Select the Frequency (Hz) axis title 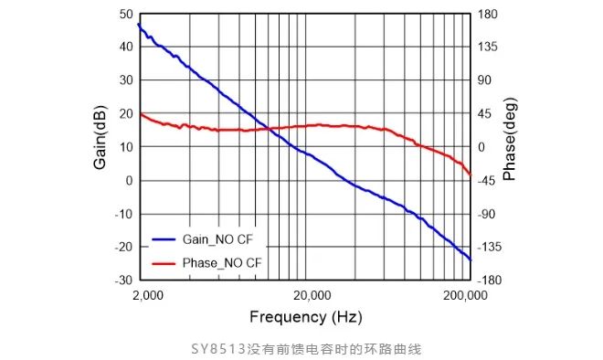point(305,316)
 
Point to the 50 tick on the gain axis point(125,15)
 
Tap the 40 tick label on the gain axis point(125,48)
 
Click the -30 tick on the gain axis point(122,280)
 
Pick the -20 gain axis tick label point(122,247)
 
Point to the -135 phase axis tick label point(492,247)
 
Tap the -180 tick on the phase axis point(492,280)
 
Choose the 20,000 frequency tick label point(312,295)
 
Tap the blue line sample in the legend point(164,239)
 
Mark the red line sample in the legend point(164,262)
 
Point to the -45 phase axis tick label point(488,180)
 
